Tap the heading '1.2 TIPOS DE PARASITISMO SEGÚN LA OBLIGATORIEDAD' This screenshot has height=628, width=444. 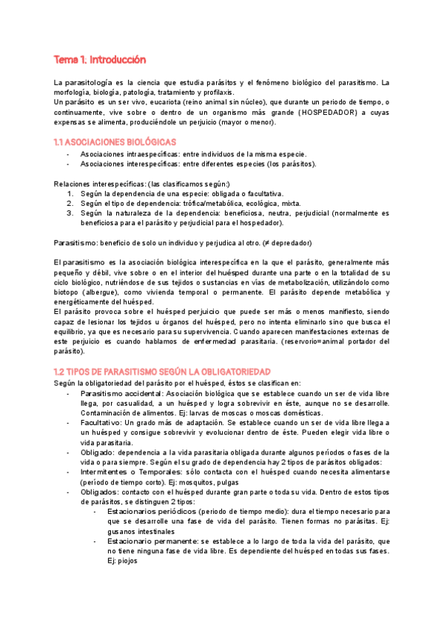click(162, 370)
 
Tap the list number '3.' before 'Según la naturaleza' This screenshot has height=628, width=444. click(70, 213)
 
